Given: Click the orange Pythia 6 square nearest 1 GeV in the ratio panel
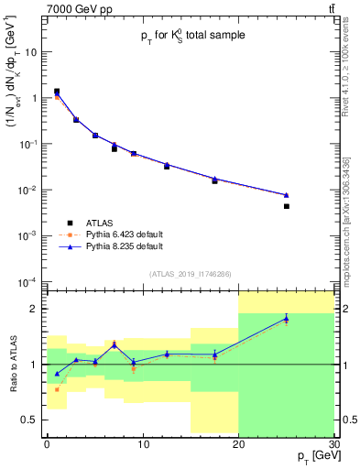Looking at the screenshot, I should click(x=57, y=389).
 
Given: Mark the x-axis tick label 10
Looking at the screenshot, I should click(x=142, y=443).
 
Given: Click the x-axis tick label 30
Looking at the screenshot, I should click(x=333, y=443).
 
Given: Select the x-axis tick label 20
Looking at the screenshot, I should click(x=238, y=443).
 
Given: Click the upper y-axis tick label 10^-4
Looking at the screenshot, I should click(x=29, y=281).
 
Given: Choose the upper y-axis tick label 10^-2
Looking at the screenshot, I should click(x=29, y=190).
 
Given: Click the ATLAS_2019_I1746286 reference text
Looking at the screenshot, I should click(x=191, y=273).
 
